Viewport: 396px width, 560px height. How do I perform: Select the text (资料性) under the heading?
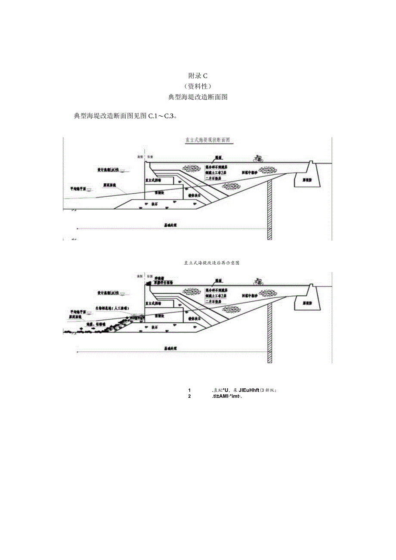[x=198, y=86]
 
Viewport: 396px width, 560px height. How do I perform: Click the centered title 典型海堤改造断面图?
[x=198, y=97]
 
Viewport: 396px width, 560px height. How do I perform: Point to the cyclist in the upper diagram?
[x=259, y=158]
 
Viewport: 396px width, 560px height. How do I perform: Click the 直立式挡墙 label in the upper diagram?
[x=153, y=181]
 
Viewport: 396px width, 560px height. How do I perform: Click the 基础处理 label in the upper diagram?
[x=170, y=225]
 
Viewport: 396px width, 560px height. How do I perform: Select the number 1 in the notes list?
[x=189, y=390]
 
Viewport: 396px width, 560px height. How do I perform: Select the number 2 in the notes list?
[x=189, y=396]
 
